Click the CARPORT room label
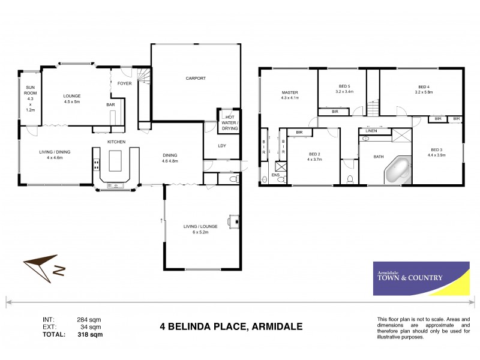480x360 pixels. click(x=196, y=78)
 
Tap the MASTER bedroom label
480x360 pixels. click(x=290, y=92)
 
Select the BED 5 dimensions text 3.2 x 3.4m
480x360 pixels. click(x=344, y=92)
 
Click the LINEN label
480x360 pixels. click(x=372, y=131)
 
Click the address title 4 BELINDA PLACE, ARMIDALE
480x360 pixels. click(x=231, y=327)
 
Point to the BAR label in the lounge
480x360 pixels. click(x=110, y=105)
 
